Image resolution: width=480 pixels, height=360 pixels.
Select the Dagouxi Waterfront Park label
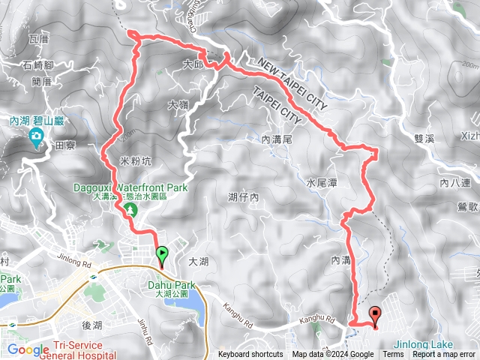pos(130,187)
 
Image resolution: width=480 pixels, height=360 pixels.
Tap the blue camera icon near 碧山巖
pos(36,136)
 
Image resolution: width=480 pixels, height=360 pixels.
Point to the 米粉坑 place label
pos(135,160)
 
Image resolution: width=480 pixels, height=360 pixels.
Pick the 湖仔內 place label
pos(243,197)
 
